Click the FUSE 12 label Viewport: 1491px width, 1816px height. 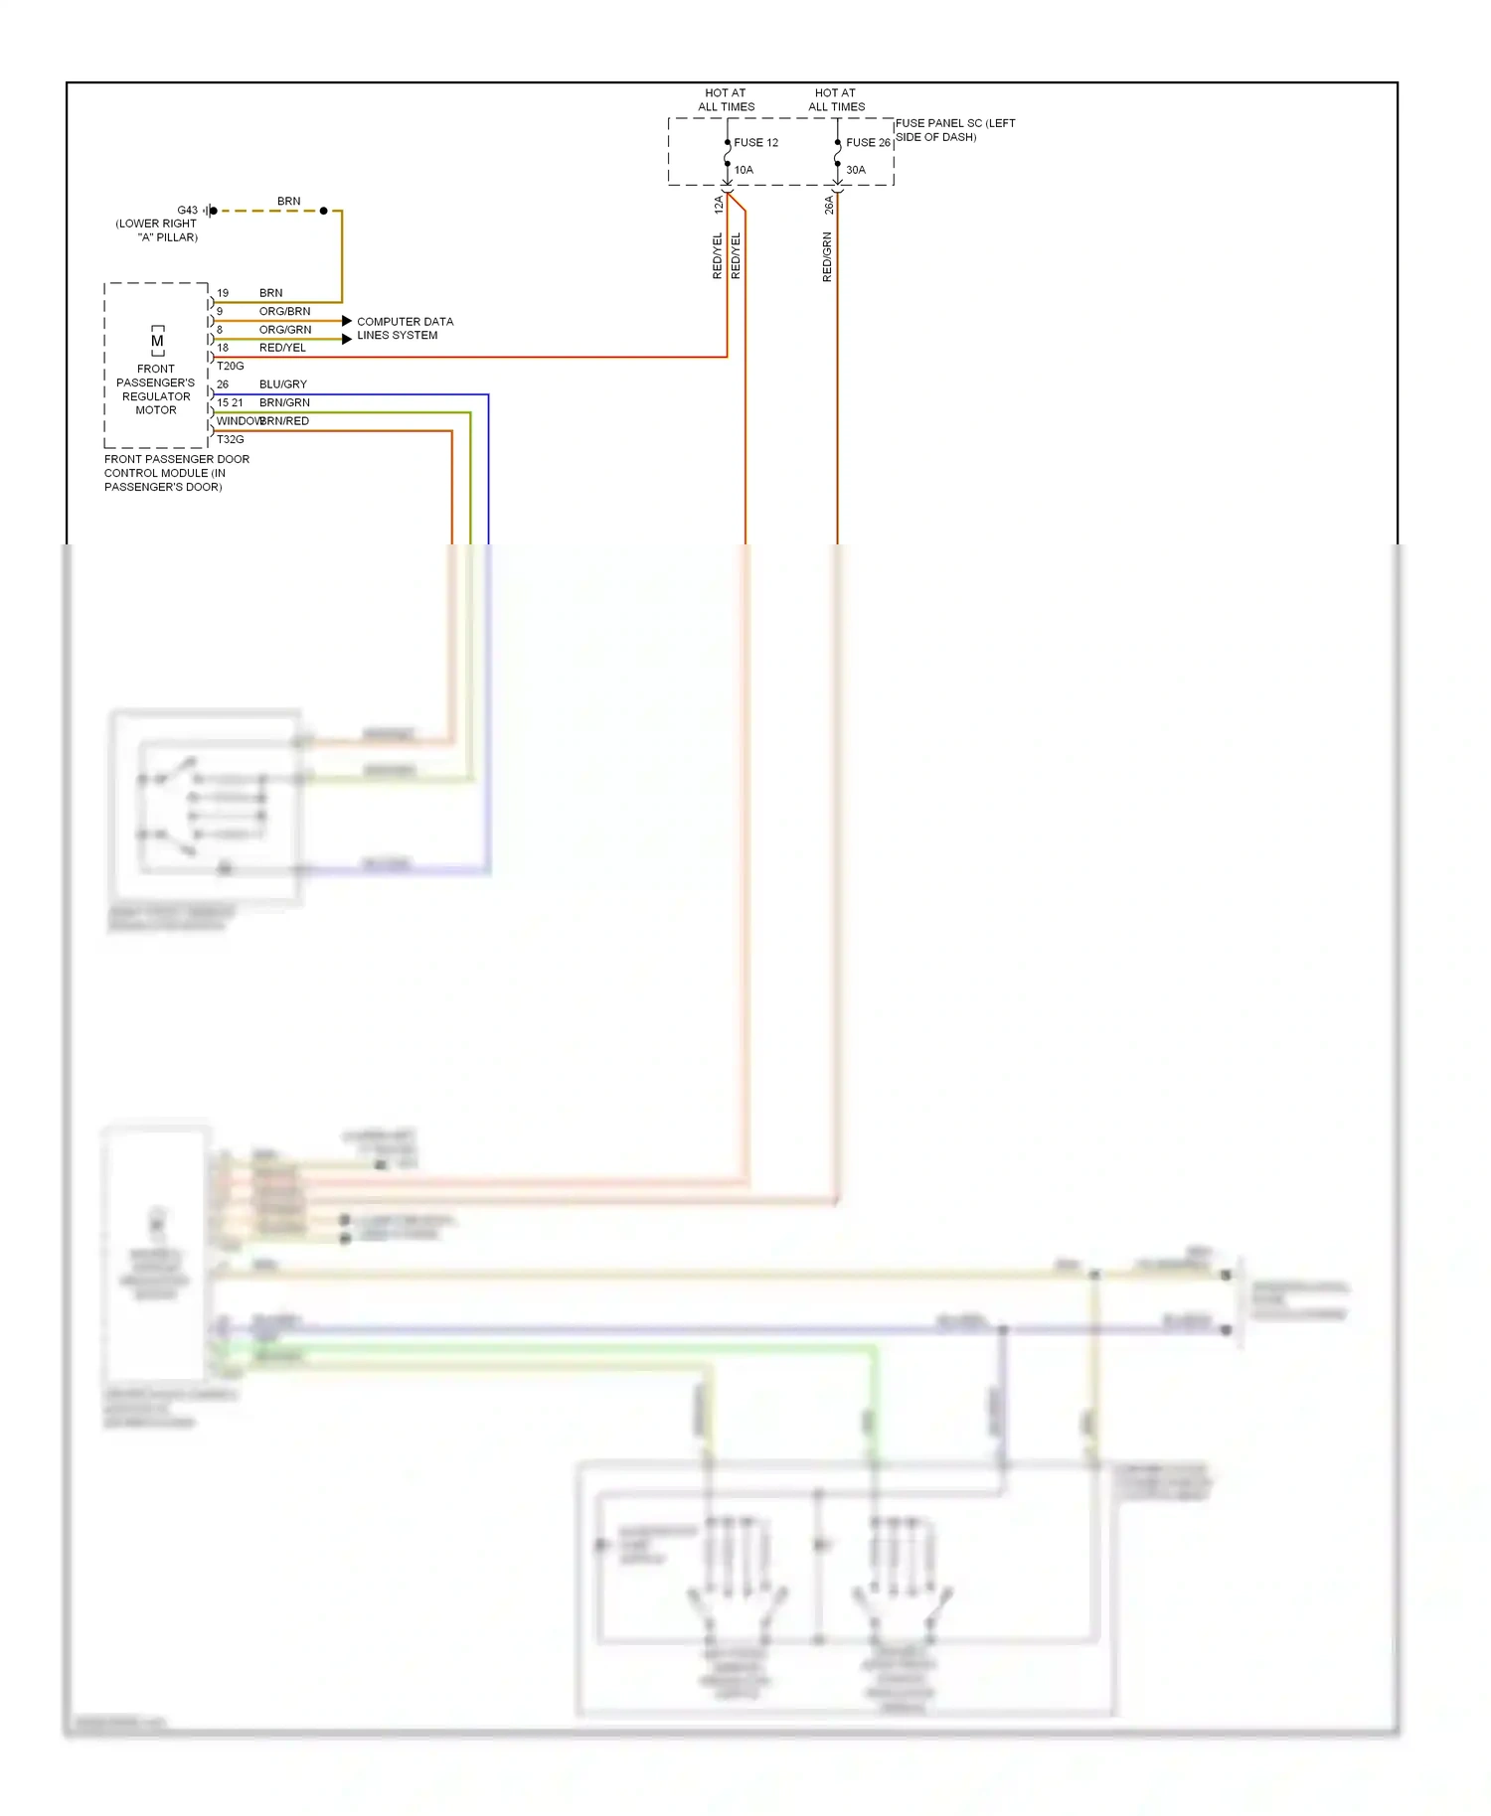point(755,142)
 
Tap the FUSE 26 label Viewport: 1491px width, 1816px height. point(868,142)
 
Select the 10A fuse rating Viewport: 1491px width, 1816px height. point(744,170)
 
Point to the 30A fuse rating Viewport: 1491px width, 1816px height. point(856,170)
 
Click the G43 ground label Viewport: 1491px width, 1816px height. point(187,211)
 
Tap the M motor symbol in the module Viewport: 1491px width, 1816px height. point(157,341)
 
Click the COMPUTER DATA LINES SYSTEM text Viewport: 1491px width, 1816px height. point(405,328)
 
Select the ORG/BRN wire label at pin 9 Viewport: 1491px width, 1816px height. point(284,311)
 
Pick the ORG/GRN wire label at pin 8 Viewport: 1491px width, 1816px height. point(285,329)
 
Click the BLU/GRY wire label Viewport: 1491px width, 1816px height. point(283,383)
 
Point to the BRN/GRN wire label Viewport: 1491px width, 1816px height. point(284,402)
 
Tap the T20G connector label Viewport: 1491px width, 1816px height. point(230,366)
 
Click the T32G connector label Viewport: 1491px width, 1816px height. point(230,439)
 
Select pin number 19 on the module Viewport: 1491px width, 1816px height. point(223,293)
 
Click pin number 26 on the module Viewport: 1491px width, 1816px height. point(223,383)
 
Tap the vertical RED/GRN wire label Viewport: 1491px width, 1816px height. point(827,257)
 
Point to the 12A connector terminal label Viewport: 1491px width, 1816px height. point(719,205)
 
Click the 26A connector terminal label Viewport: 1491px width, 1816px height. point(829,205)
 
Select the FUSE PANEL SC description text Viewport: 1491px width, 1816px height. point(954,130)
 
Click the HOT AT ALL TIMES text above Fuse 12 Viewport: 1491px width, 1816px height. point(726,99)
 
